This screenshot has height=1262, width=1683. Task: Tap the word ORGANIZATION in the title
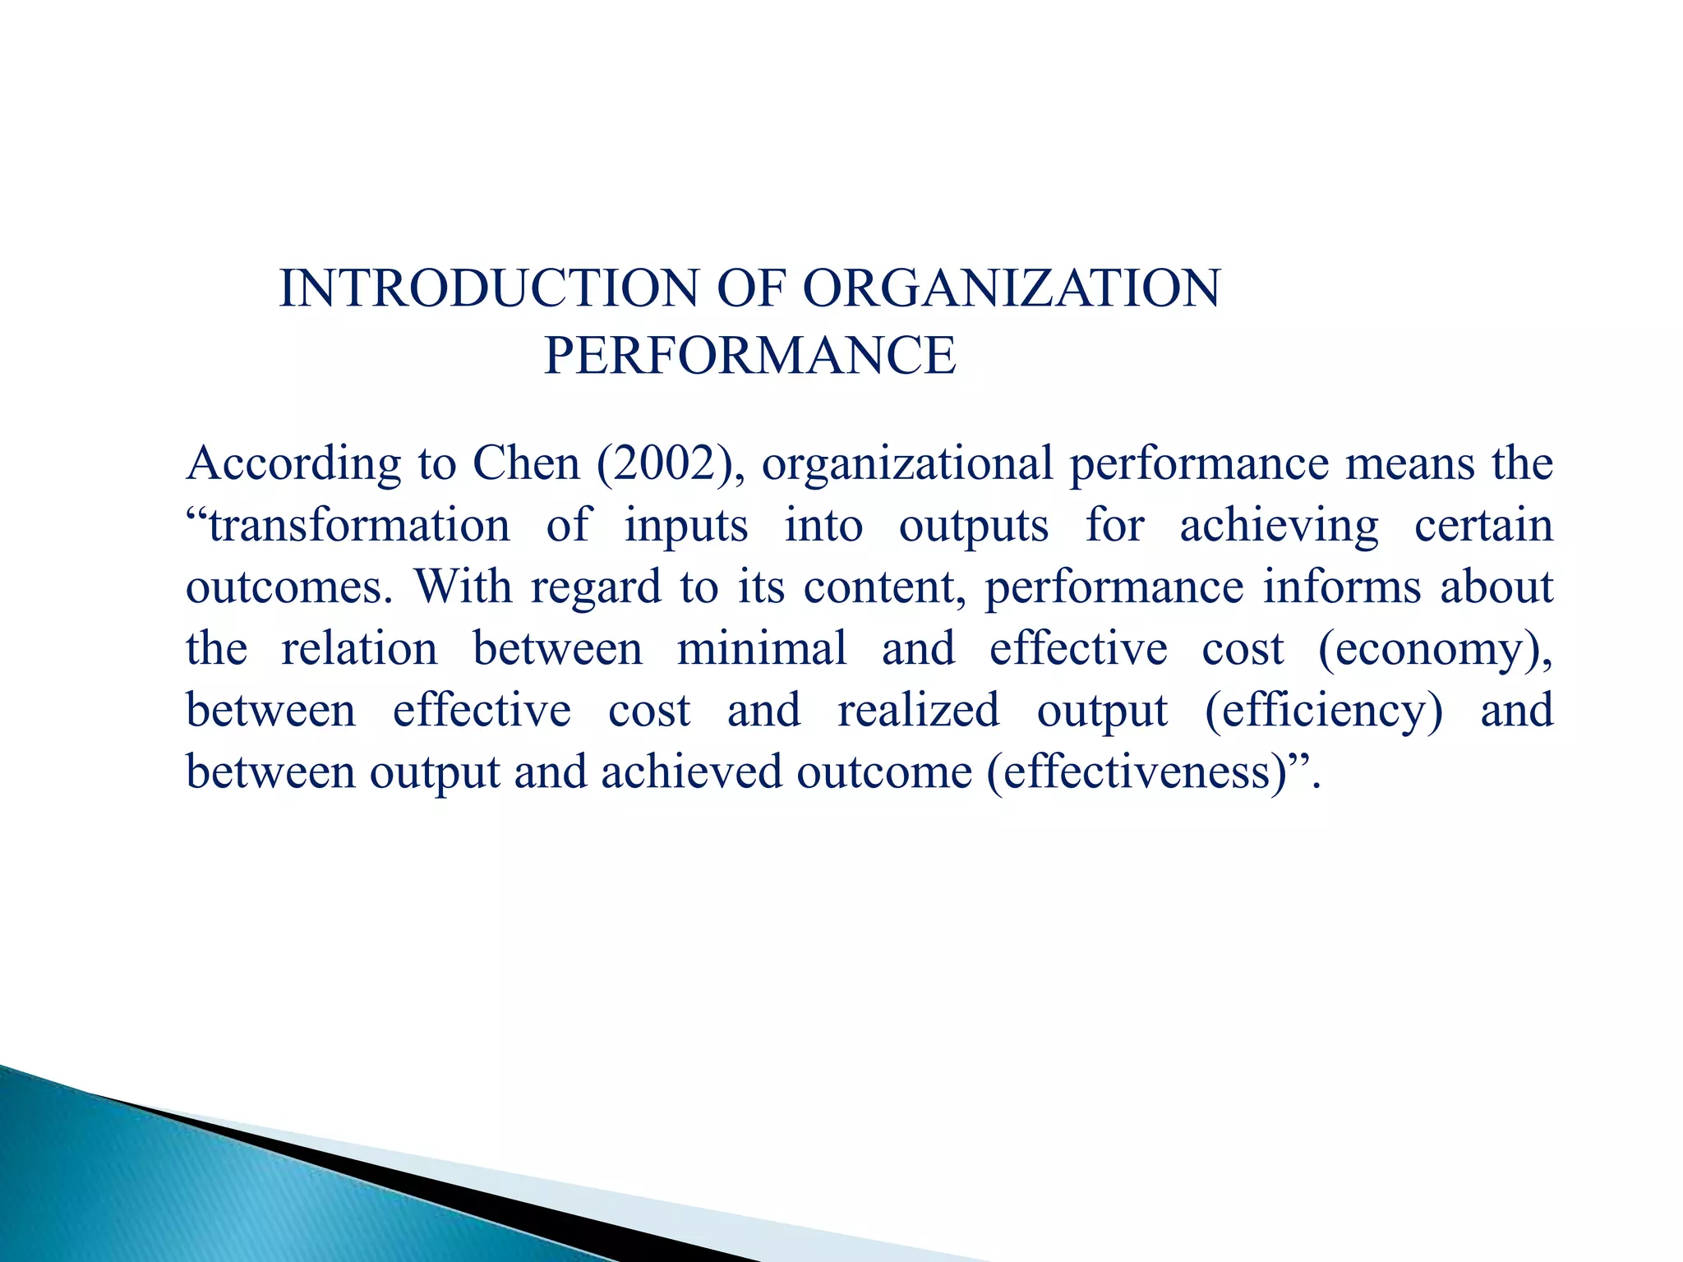(x=1012, y=289)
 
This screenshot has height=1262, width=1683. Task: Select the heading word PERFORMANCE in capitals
(x=749, y=356)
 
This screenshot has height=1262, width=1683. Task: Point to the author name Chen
(x=526, y=463)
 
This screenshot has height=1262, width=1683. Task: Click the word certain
(x=1483, y=526)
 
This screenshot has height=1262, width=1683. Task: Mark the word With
(x=463, y=587)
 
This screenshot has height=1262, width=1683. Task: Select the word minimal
(x=761, y=648)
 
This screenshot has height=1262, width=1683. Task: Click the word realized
(x=918, y=710)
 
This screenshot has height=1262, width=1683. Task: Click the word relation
(x=359, y=648)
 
